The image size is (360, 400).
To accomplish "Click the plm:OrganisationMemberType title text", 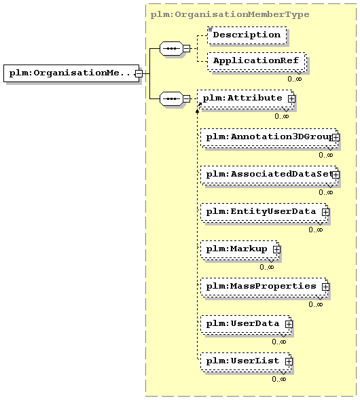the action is pos(230,14).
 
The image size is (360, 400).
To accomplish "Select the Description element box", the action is pos(247,35).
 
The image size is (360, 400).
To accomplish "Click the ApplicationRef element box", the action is pos(257,61).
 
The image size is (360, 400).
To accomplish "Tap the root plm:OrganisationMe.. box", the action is pos(71,73).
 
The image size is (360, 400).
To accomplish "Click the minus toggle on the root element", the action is pos(139,73).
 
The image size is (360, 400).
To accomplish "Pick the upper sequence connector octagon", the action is pos(171,48).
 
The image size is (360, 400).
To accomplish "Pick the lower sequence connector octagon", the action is pos(171,98).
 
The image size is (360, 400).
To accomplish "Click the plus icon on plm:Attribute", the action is pos(291,98).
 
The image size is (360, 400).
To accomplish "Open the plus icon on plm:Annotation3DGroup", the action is pos(336,137).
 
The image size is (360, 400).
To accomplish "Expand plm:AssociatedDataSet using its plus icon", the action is pos(336,175).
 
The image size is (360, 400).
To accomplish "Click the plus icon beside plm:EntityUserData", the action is pos(325,213).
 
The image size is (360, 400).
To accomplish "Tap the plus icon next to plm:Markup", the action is pos(276,249).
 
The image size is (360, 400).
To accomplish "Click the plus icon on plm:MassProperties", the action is pos(325,287).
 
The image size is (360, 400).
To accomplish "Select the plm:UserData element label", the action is pos(242,324).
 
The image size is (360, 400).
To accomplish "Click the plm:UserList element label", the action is pos(242,361).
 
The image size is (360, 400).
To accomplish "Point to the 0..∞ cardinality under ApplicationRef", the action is pos(295,79).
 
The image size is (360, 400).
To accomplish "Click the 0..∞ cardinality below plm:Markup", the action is pos(267,267).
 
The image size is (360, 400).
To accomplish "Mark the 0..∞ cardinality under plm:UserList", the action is pos(279,380).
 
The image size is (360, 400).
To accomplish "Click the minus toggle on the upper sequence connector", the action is pos(187,48).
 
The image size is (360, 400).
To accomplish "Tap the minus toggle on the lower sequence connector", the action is pos(187,98).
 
